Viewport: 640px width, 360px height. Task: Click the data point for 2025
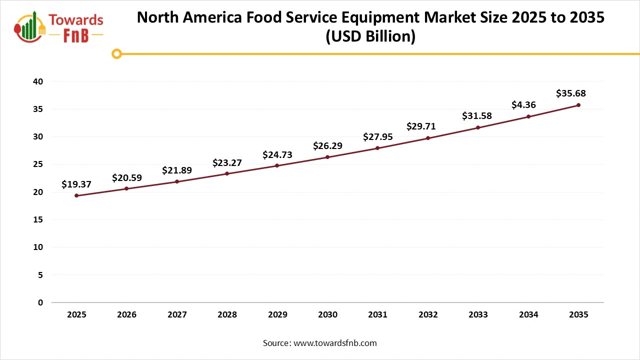click(x=76, y=195)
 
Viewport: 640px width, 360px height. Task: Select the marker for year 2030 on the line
click(x=327, y=157)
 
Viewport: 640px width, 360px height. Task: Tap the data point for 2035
click(x=578, y=105)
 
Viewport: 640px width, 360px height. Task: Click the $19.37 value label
click(x=76, y=184)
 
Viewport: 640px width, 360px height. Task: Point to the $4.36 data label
click(x=524, y=105)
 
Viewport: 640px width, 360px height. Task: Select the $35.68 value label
click(x=570, y=93)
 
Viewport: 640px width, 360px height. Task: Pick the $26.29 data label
click(x=327, y=146)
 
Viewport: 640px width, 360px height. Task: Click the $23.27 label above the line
click(x=227, y=162)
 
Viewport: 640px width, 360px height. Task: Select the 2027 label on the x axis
click(x=177, y=315)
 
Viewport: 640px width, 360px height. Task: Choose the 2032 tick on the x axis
click(x=428, y=315)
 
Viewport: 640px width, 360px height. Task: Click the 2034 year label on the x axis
click(x=528, y=315)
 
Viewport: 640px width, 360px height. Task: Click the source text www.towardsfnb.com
click(x=334, y=343)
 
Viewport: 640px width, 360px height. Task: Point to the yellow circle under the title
click(x=117, y=53)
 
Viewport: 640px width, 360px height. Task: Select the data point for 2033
click(x=478, y=127)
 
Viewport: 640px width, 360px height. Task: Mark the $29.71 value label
click(x=421, y=126)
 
